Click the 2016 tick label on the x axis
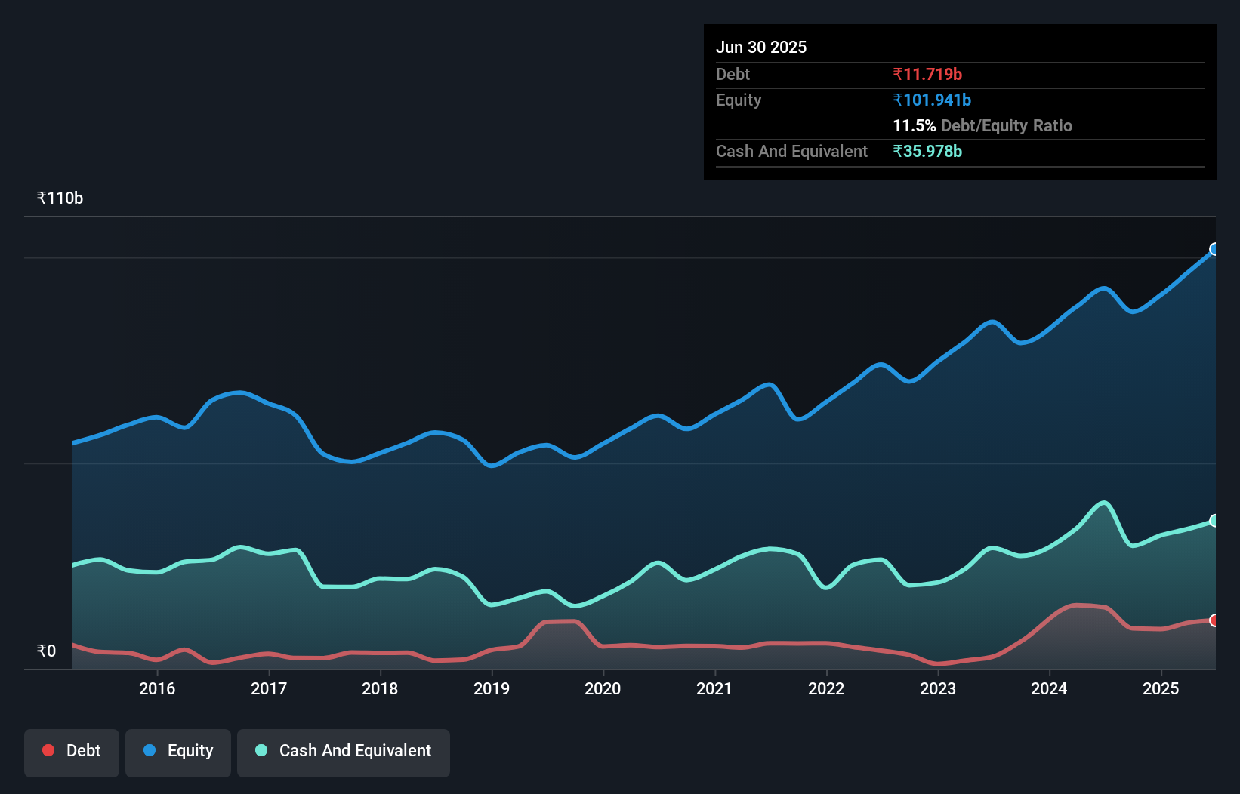click(x=157, y=688)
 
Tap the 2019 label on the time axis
click(x=492, y=688)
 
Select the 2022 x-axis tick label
click(x=826, y=688)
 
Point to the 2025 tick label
click(x=1161, y=688)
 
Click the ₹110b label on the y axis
click(x=60, y=198)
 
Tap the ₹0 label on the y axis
click(x=46, y=651)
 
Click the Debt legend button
click(x=72, y=751)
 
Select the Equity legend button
click(x=178, y=751)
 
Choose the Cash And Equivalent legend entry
click(x=344, y=751)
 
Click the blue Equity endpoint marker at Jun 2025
click(x=1214, y=249)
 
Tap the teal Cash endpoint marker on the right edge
click(x=1214, y=521)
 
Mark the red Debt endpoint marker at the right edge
click(x=1214, y=620)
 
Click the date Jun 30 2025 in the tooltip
click(x=761, y=47)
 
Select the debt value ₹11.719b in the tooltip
click(x=927, y=74)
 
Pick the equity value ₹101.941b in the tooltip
click(x=932, y=100)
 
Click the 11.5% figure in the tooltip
click(x=914, y=125)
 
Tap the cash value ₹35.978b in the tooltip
click(x=927, y=151)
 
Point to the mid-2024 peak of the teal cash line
click(x=1104, y=503)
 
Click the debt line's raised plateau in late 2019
click(x=560, y=622)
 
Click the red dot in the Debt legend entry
click(x=48, y=750)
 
